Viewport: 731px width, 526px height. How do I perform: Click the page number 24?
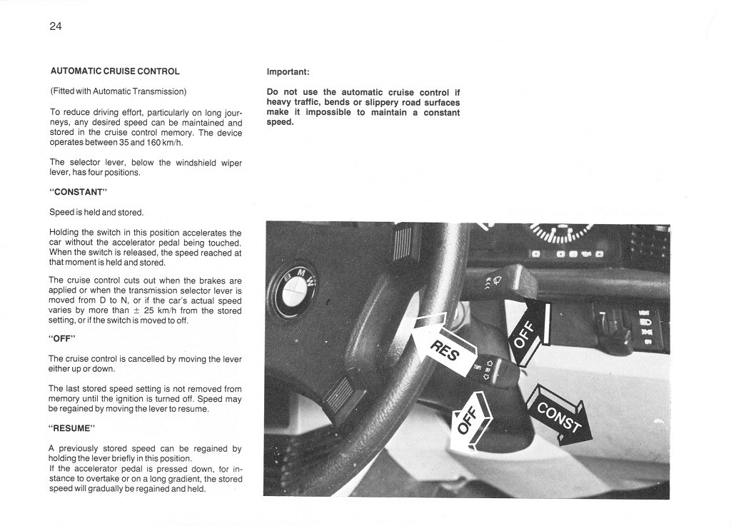56,27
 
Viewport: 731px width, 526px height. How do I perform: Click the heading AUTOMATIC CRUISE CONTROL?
115,71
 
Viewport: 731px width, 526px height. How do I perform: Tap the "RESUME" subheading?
71,429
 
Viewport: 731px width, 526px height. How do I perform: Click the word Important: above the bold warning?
288,72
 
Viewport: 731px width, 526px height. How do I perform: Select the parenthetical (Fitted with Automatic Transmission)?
118,91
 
